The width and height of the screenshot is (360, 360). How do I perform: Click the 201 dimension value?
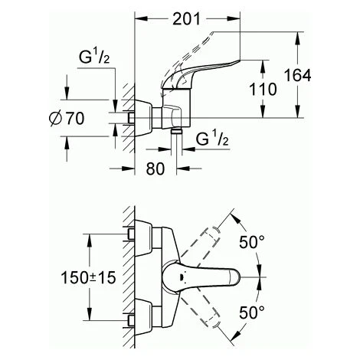(186, 19)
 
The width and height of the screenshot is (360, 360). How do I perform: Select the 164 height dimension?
(298, 75)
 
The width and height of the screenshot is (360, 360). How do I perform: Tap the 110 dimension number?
(263, 89)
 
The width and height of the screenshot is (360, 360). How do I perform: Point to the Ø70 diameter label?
(67, 119)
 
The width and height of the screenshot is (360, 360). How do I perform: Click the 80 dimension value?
(155, 169)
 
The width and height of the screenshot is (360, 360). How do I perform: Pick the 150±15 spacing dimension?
(88, 277)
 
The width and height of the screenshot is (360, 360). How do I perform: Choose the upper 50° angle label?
(252, 242)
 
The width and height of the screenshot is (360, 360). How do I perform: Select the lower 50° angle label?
(252, 312)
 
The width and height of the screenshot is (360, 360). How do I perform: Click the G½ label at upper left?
(94, 57)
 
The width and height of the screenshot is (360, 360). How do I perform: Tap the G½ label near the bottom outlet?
(211, 138)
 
